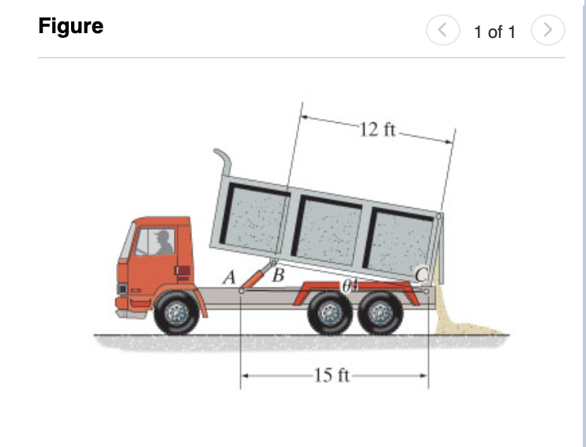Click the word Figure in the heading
[70, 26]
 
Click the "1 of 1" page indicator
[494, 32]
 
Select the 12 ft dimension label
[377, 130]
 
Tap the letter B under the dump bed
[277, 276]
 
